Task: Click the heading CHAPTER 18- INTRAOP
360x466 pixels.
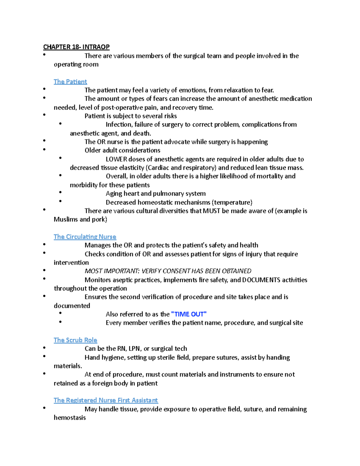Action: pyautogui.click(x=76, y=47)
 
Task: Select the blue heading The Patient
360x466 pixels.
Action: pyautogui.click(x=70, y=82)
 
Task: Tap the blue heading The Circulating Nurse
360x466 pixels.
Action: pyautogui.click(x=85, y=237)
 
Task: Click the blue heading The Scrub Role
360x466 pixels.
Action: pyautogui.click(x=75, y=340)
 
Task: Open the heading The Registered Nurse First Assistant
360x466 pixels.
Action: pyautogui.click(x=106, y=400)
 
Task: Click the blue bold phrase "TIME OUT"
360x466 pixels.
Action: pyautogui.click(x=189, y=314)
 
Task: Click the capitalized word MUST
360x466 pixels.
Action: pyautogui.click(x=211, y=211)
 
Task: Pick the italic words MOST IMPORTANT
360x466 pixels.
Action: pyautogui.click(x=112, y=271)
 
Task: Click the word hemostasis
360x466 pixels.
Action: pyautogui.click(x=70, y=418)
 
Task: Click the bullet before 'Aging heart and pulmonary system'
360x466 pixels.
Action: pyautogui.click(x=60, y=192)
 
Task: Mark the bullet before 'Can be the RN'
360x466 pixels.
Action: pyautogui.click(x=44, y=347)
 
